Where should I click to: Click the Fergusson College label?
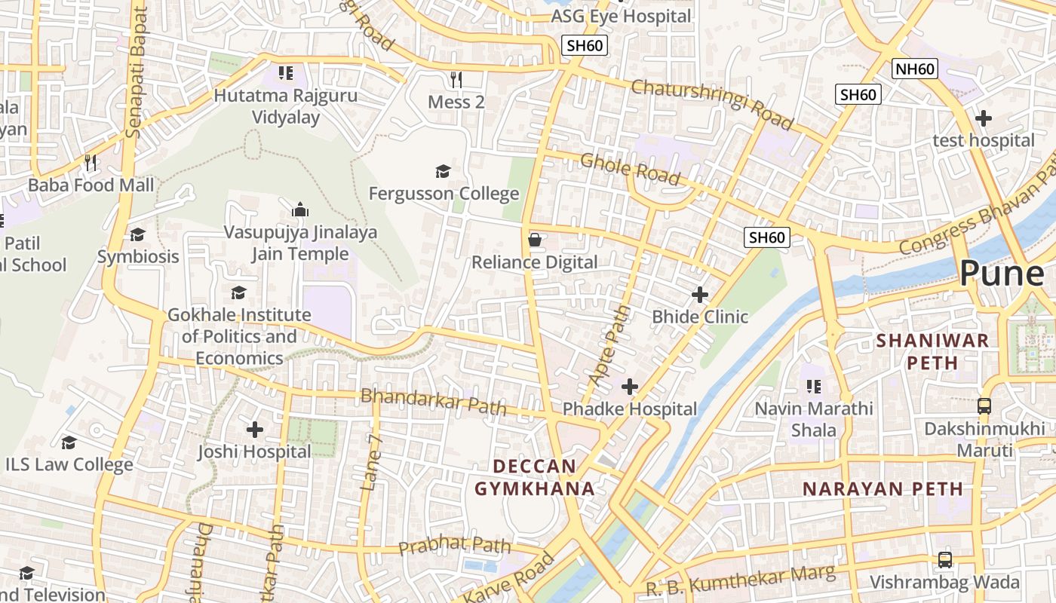pos(444,194)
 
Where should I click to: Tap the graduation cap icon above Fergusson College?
pos(443,172)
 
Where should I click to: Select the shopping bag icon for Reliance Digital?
pos(535,240)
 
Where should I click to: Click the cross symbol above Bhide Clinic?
pos(700,295)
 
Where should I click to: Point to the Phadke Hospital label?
pos(630,409)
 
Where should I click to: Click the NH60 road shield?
pos(914,69)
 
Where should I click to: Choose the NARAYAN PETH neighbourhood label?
pos(883,488)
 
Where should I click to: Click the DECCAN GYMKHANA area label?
pos(534,477)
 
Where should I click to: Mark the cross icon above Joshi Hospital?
pos(255,430)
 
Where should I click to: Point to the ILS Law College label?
pos(69,464)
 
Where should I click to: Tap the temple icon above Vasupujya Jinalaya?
pos(300,210)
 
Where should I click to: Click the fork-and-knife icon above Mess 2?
pos(456,79)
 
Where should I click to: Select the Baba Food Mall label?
pos(91,185)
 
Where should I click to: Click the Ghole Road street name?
pos(630,169)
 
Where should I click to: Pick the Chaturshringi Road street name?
pos(712,104)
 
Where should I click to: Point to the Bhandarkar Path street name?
pos(433,402)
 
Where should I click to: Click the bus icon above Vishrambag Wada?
pos(944,560)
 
